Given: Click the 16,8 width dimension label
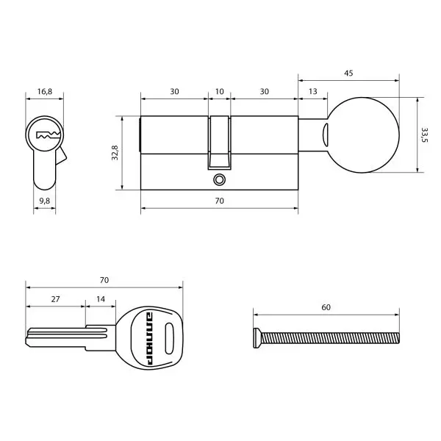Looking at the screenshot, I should [44, 93].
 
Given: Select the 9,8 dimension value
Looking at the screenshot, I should [44, 200].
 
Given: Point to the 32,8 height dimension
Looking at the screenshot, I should [114, 152].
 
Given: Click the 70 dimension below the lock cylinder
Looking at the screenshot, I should [218, 201].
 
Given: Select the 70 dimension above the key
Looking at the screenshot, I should [104, 280].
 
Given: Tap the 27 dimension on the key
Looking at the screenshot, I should [55, 300].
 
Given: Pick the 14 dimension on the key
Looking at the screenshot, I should [100, 300].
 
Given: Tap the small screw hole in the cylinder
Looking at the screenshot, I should [218, 179].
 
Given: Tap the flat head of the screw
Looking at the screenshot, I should [255, 337].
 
